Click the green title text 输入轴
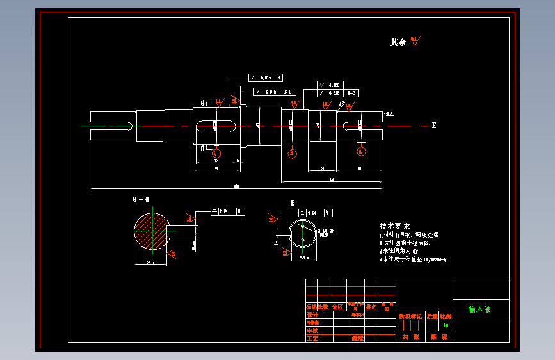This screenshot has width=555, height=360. coord(479,309)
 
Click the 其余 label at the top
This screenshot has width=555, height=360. coord(398,42)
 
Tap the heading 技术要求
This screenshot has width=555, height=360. coord(394,226)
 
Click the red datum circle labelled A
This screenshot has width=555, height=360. coord(361,151)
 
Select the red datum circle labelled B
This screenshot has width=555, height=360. coord(293,152)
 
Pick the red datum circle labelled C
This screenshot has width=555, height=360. coord(216,153)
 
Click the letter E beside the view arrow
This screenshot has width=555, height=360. coord(434,126)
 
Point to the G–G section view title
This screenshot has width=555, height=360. coord(141,200)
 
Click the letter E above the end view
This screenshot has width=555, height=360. coord(293,203)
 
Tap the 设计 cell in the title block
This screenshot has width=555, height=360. coord(312,315)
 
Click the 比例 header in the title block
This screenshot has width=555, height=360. coord(446,316)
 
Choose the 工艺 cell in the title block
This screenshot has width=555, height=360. coord(312,337)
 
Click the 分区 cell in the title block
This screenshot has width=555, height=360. coord(337,307)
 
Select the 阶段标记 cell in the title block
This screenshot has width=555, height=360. coord(410,316)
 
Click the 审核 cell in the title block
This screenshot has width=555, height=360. coord(312,330)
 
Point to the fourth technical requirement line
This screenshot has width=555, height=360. coord(414,260)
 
